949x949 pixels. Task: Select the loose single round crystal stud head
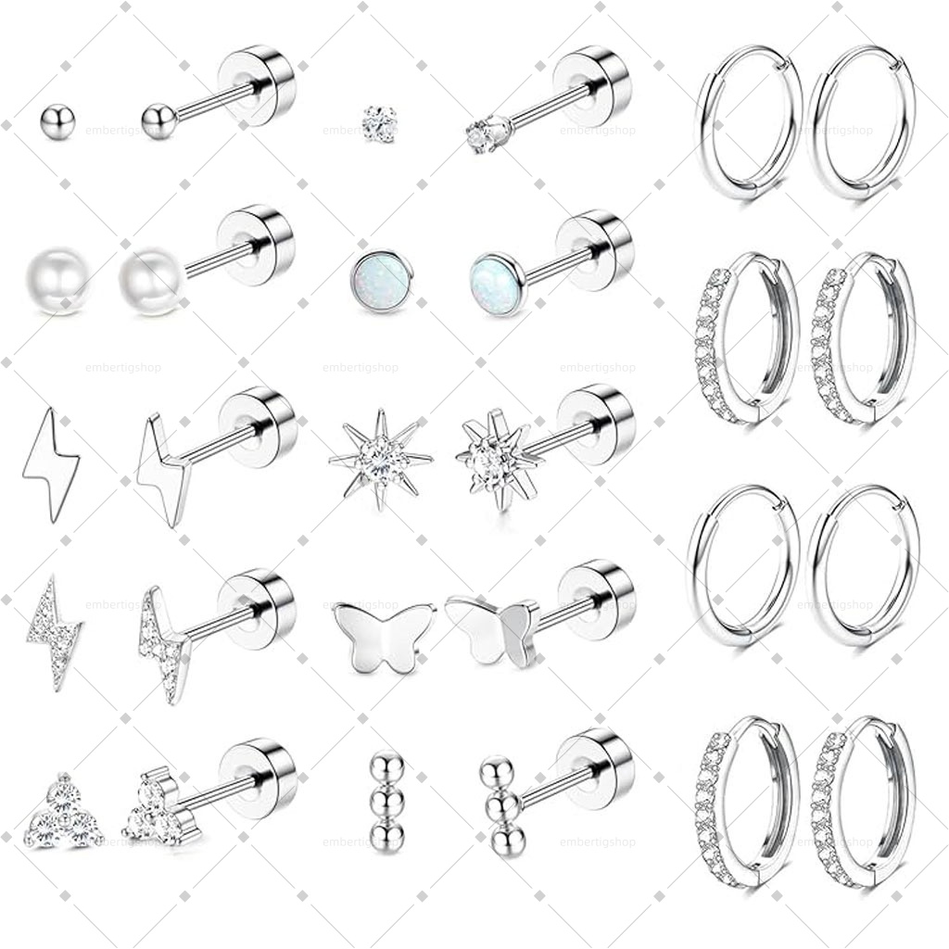(x=379, y=123)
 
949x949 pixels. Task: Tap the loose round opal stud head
(x=380, y=281)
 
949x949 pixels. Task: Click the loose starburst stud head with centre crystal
(x=380, y=458)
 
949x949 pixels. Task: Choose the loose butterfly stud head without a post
(x=384, y=636)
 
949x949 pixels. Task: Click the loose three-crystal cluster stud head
(x=64, y=816)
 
